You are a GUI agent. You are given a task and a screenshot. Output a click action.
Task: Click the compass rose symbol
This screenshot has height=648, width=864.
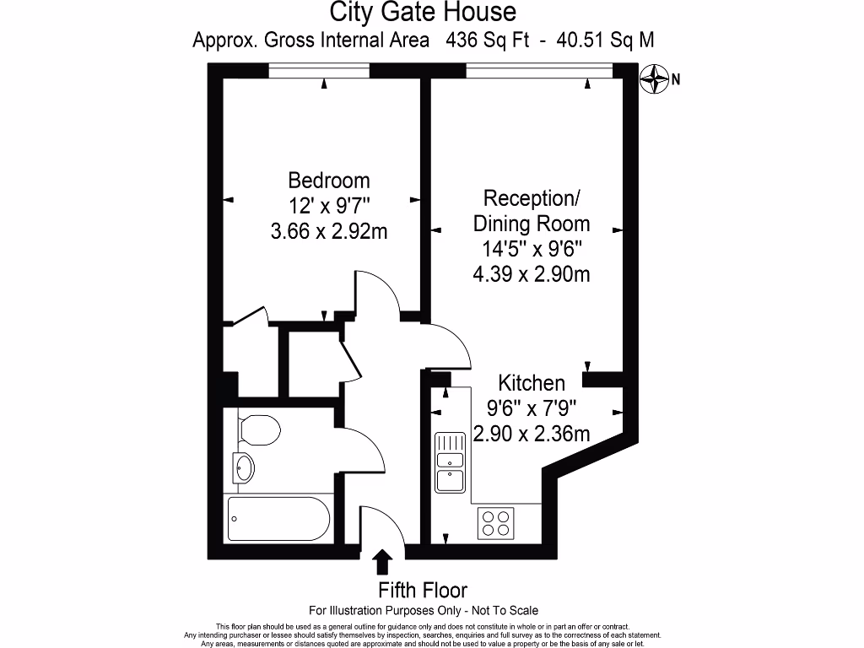[x=654, y=80]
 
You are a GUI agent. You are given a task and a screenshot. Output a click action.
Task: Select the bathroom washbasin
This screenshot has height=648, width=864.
[x=243, y=467]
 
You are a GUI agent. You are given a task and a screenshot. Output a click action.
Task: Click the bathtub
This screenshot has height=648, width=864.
[x=278, y=519]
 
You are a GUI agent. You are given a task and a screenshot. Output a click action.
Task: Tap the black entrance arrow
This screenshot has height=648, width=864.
[x=382, y=561]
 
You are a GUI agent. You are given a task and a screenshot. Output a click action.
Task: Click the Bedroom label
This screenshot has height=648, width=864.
[x=329, y=181]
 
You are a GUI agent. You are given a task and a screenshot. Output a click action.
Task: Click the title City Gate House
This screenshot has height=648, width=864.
[x=422, y=13]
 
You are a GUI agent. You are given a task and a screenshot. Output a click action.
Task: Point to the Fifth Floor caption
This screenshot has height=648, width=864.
[x=422, y=590]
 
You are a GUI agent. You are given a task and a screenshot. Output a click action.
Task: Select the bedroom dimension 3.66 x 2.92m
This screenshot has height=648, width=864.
[x=329, y=231]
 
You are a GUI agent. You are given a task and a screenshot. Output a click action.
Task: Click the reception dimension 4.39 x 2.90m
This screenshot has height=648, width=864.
[x=531, y=274]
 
